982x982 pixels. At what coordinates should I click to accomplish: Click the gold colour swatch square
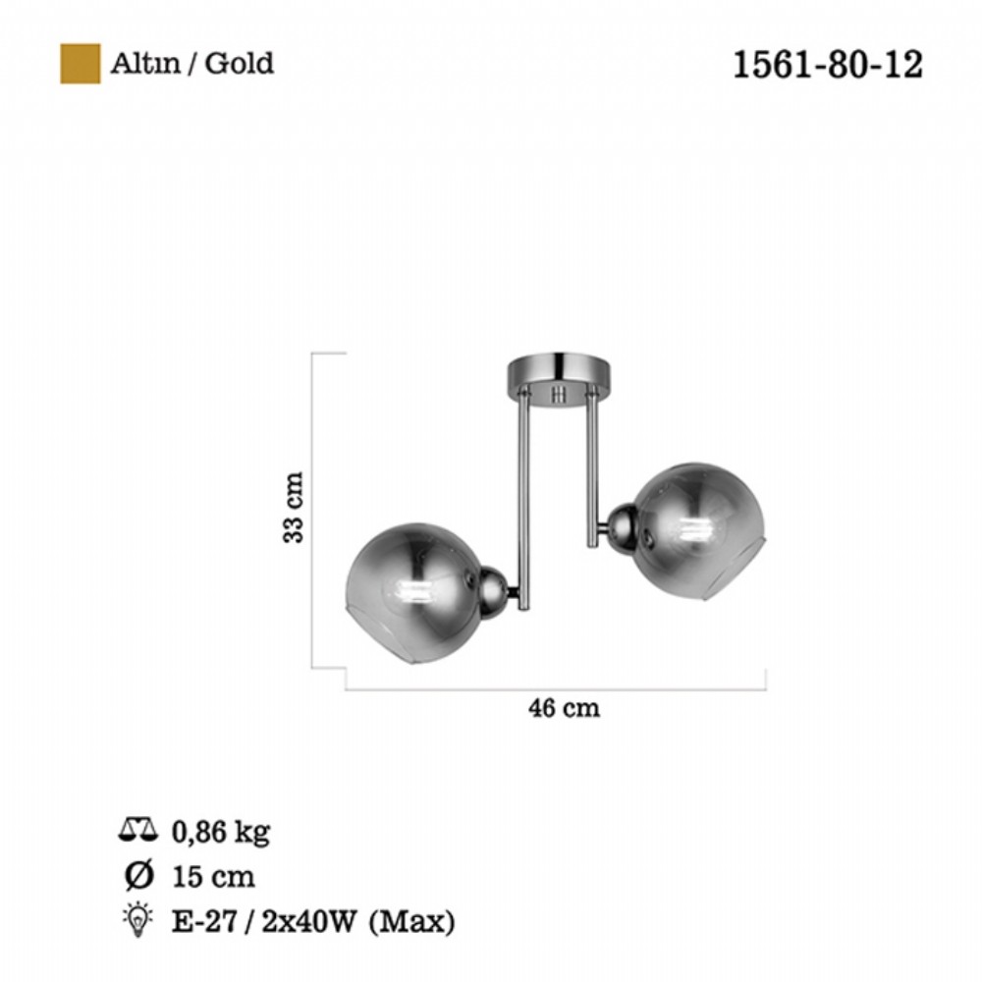coord(81,63)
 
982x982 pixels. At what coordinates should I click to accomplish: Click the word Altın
coord(145,63)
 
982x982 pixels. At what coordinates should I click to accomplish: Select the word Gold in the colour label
coord(240,63)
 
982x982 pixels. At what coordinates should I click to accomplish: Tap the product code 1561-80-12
coord(827,65)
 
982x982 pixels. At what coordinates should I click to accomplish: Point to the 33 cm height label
coord(293,508)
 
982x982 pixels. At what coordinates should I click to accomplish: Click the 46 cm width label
coord(564,708)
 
